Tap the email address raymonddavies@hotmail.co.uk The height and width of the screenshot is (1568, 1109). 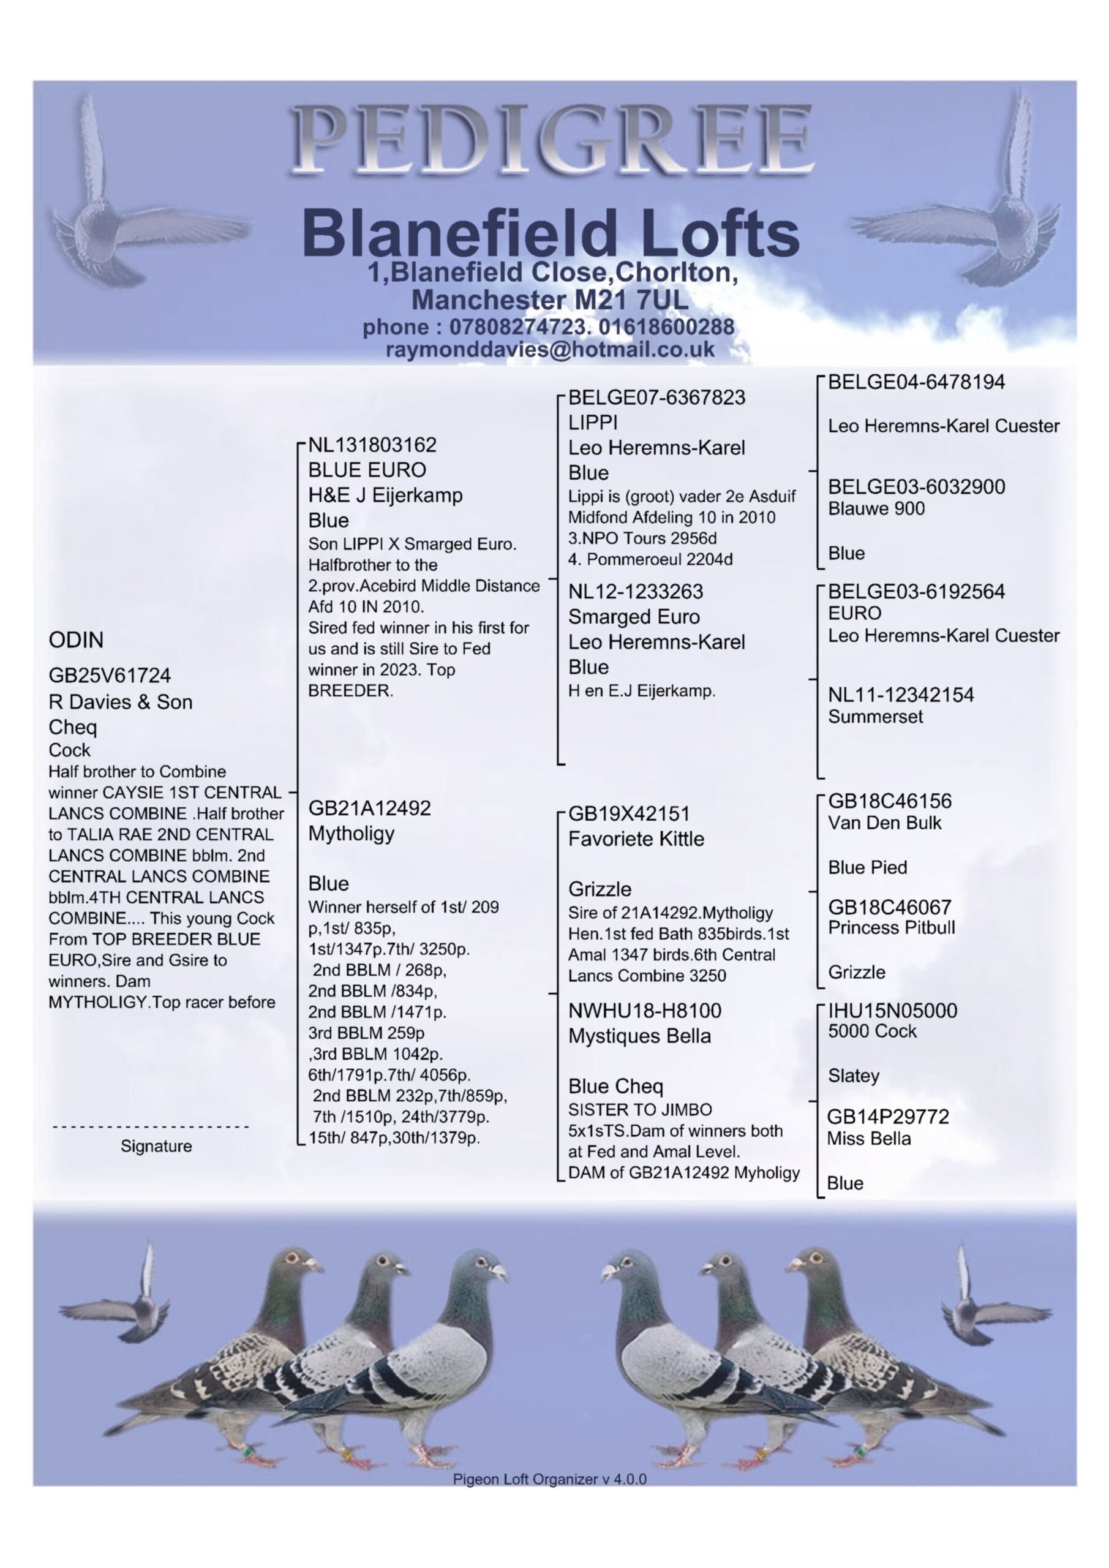pos(550,349)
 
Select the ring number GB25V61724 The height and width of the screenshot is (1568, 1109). pos(109,676)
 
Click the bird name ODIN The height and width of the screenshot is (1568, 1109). pos(76,640)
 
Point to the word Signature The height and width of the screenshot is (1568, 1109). pos(156,1146)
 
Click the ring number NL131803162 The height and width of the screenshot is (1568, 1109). pos(372,445)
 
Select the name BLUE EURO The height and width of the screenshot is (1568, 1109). pos(367,470)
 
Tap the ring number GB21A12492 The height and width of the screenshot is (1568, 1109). pos(369,808)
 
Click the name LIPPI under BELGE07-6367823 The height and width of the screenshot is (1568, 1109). pos(593,422)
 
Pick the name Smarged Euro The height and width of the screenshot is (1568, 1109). pos(634,617)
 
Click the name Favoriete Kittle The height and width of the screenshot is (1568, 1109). pos(636,839)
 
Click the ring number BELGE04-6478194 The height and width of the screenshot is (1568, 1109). pos(915,382)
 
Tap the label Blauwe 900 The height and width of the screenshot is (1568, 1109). pos(876,509)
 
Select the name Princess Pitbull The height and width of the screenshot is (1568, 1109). pos(891,927)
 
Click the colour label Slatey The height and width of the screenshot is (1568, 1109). pos(854,1076)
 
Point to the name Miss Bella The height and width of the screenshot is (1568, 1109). pos(868,1139)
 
